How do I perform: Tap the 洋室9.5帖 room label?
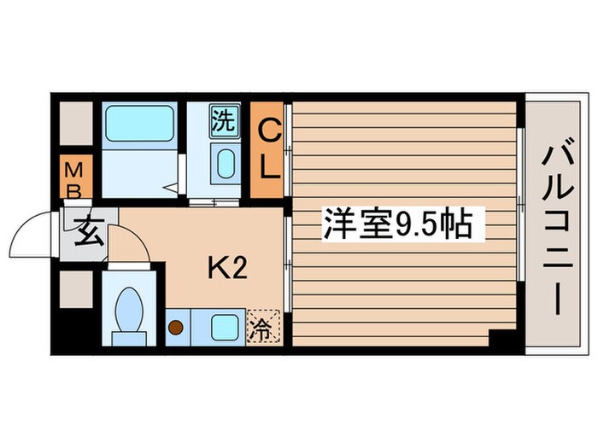396,224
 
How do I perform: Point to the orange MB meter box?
74,178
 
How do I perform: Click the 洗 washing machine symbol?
223,120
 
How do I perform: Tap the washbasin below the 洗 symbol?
226,165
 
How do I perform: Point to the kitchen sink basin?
224,326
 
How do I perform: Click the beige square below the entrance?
75,288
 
